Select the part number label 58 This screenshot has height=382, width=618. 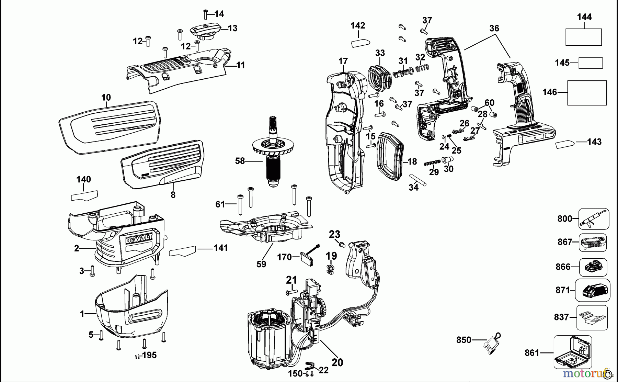point(240,161)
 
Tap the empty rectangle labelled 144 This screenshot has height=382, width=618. point(583,37)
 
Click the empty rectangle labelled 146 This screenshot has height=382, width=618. point(587,93)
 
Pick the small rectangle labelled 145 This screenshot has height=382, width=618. point(591,63)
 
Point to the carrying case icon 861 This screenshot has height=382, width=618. point(573,352)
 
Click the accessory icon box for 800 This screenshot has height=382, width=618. point(594,219)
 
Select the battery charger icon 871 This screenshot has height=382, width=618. point(593,290)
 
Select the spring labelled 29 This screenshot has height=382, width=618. point(432,163)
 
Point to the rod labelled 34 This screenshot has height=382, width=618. point(418,180)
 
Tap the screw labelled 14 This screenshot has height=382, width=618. point(205,14)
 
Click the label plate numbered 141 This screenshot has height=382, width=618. point(183,251)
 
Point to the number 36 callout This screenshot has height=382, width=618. point(494,28)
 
